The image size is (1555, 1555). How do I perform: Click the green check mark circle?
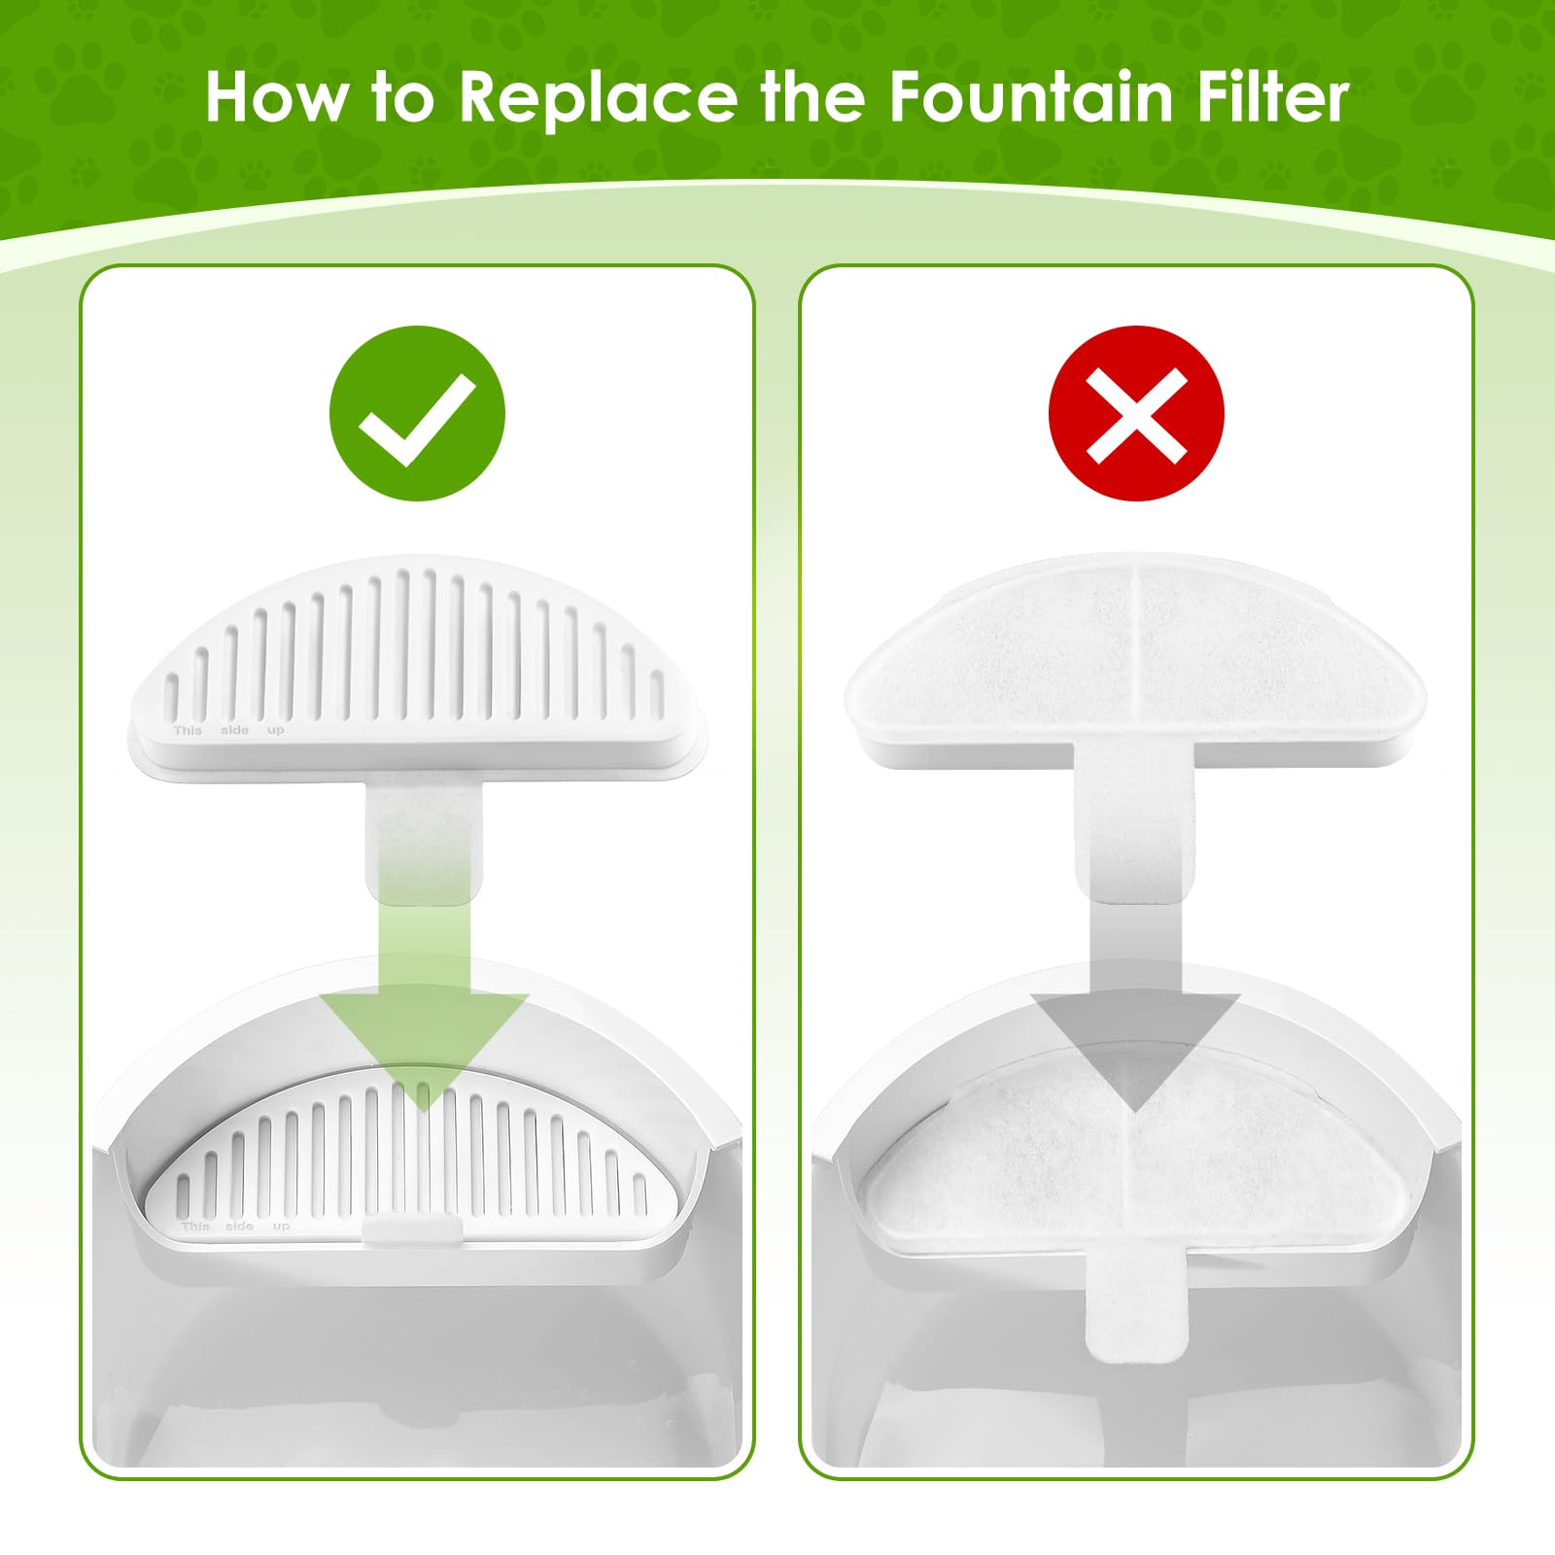tap(417, 413)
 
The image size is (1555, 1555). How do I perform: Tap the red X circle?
tap(1136, 413)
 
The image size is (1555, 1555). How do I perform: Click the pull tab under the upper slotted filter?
tap(424, 836)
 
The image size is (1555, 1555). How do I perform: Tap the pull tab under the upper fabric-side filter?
tap(1134, 826)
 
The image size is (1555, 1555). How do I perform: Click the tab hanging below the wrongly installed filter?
tap(1135, 1307)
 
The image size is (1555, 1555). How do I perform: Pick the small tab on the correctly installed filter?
tap(411, 1227)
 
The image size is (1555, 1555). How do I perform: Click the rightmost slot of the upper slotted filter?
tap(657, 692)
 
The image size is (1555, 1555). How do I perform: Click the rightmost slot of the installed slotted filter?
tap(639, 1193)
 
